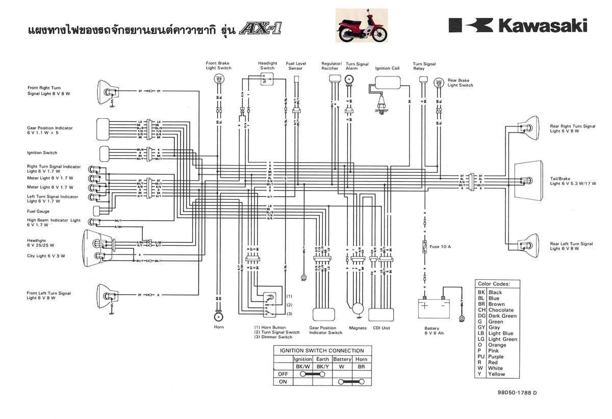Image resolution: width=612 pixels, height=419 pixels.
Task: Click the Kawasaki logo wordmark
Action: click(518, 25)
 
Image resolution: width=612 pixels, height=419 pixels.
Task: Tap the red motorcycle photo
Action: click(362, 25)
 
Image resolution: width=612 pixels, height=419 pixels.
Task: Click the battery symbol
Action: click(433, 308)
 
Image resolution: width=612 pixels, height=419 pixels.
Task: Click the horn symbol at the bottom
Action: click(218, 314)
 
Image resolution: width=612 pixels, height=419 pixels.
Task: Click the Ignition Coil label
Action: click(388, 68)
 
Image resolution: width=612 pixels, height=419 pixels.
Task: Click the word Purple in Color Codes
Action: click(496, 357)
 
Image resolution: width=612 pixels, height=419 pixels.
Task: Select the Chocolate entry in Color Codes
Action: click(501, 310)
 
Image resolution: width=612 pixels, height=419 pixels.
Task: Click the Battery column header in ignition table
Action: click(342, 359)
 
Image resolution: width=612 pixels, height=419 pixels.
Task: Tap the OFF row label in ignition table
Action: click(284, 374)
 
